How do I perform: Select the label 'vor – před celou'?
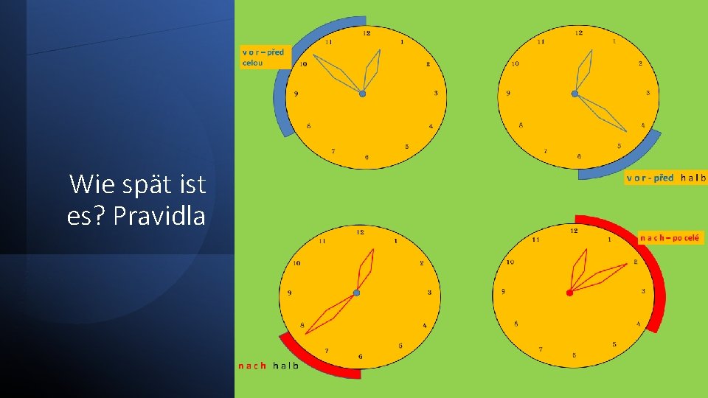coord(263,57)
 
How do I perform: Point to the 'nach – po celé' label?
coord(671,238)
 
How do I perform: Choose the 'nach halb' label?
coord(268,366)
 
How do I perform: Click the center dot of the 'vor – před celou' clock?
coord(362,94)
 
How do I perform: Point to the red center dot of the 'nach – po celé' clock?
coord(569,293)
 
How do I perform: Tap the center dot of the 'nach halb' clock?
coord(355,293)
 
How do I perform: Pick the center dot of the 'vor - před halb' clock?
coord(575,93)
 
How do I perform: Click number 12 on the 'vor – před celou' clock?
coord(367,33)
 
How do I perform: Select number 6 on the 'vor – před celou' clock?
coord(367,157)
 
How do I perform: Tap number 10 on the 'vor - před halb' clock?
coord(515,63)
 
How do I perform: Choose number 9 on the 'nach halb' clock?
coord(290,293)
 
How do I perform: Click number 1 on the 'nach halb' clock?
coord(395,240)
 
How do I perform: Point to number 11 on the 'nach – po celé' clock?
coord(535,239)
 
